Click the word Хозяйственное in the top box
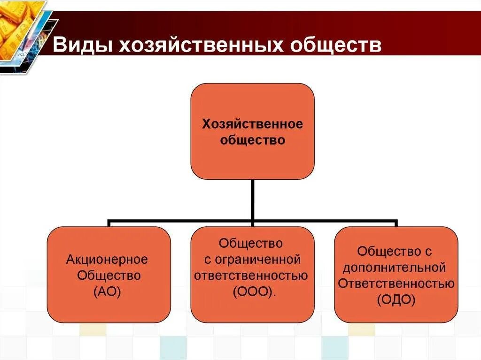252,124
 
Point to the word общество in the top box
252,140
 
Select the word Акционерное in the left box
107,260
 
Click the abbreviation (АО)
107,291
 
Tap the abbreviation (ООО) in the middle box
252,291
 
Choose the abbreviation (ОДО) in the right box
396,299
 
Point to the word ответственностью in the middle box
252,275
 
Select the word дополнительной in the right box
394,268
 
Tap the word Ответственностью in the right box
396,283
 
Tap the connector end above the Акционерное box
109,223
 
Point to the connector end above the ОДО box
396,223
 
